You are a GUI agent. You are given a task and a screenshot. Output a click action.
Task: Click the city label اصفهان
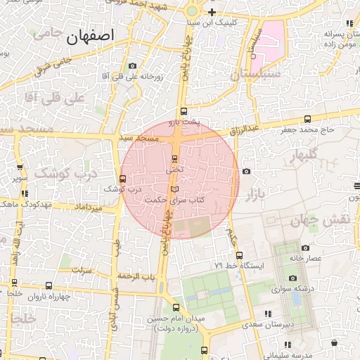(x=90, y=39)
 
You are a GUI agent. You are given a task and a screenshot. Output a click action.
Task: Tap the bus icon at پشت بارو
(x=184, y=111)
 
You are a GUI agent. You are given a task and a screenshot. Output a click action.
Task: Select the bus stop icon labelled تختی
(x=175, y=158)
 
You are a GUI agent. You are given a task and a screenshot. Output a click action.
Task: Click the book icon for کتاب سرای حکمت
(x=175, y=189)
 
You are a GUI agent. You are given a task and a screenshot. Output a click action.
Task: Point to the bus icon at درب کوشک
(x=123, y=179)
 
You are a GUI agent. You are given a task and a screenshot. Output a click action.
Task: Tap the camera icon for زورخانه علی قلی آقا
(x=132, y=66)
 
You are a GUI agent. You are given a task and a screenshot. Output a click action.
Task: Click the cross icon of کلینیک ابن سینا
(x=211, y=13)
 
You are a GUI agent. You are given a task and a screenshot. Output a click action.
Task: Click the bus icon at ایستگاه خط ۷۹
(x=239, y=255)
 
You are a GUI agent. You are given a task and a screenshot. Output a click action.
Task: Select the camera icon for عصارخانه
(x=304, y=247)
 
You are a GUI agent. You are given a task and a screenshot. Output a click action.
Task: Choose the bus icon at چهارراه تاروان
(x=49, y=285)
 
